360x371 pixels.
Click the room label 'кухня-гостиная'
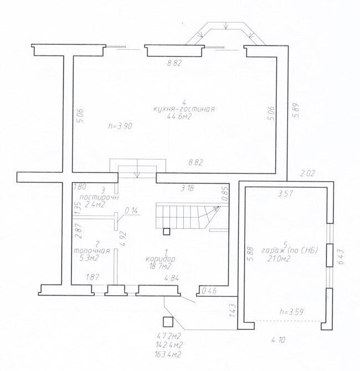(184, 109)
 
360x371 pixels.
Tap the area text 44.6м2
(179, 116)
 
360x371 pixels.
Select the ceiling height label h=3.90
(120, 126)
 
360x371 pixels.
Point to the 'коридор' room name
(160, 259)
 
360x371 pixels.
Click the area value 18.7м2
(160, 266)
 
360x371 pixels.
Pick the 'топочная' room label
(92, 251)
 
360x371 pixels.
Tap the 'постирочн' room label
(99, 197)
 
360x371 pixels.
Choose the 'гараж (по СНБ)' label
(290, 251)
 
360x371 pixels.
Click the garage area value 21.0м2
(279, 259)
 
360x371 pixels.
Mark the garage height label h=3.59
(291, 312)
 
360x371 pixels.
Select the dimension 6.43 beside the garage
(341, 257)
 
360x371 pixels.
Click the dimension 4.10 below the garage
(279, 340)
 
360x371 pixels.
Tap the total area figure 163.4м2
(168, 354)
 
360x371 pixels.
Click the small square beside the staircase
(166, 231)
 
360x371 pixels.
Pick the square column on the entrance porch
(168, 322)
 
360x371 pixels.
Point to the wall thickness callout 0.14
(131, 210)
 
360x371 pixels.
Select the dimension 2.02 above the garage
(308, 174)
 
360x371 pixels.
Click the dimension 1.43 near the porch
(233, 311)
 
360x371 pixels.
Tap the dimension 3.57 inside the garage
(285, 194)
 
